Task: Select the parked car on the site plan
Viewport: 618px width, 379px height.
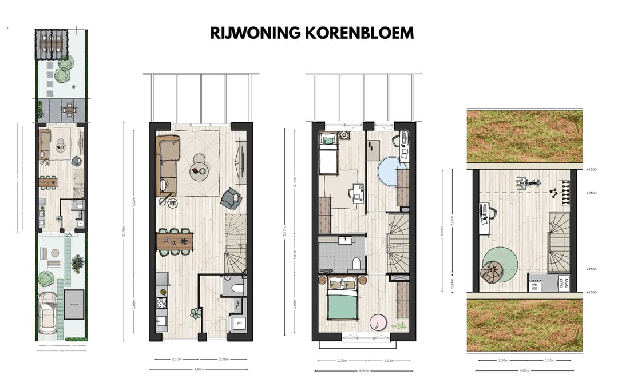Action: click(x=46, y=312)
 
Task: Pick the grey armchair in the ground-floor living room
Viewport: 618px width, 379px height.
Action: click(x=231, y=198)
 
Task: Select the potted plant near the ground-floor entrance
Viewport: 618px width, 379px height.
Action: click(x=196, y=313)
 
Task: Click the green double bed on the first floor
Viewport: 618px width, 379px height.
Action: click(x=342, y=302)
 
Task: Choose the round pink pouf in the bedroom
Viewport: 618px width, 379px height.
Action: click(x=378, y=322)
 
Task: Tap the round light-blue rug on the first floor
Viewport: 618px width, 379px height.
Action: click(x=392, y=171)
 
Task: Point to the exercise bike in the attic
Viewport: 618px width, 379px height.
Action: click(x=528, y=183)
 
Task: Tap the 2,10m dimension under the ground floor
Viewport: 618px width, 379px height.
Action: click(x=177, y=360)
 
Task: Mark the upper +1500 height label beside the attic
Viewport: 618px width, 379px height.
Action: click(x=591, y=170)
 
